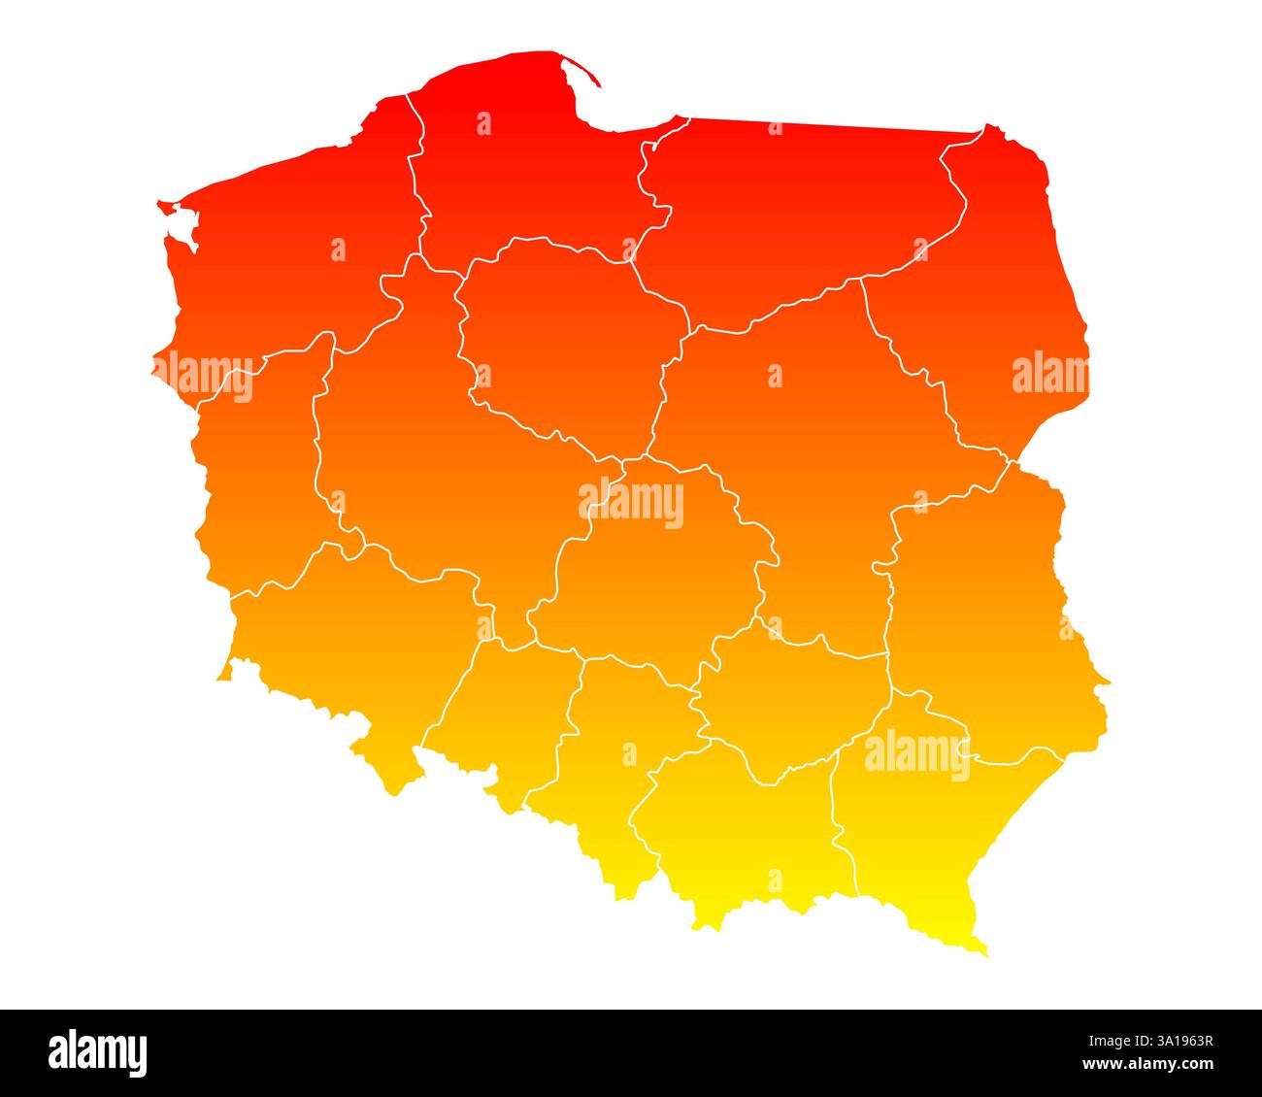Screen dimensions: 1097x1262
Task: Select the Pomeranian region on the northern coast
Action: [524, 165]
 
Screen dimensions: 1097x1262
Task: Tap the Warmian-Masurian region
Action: [796, 214]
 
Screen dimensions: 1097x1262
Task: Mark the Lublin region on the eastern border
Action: [980, 602]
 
